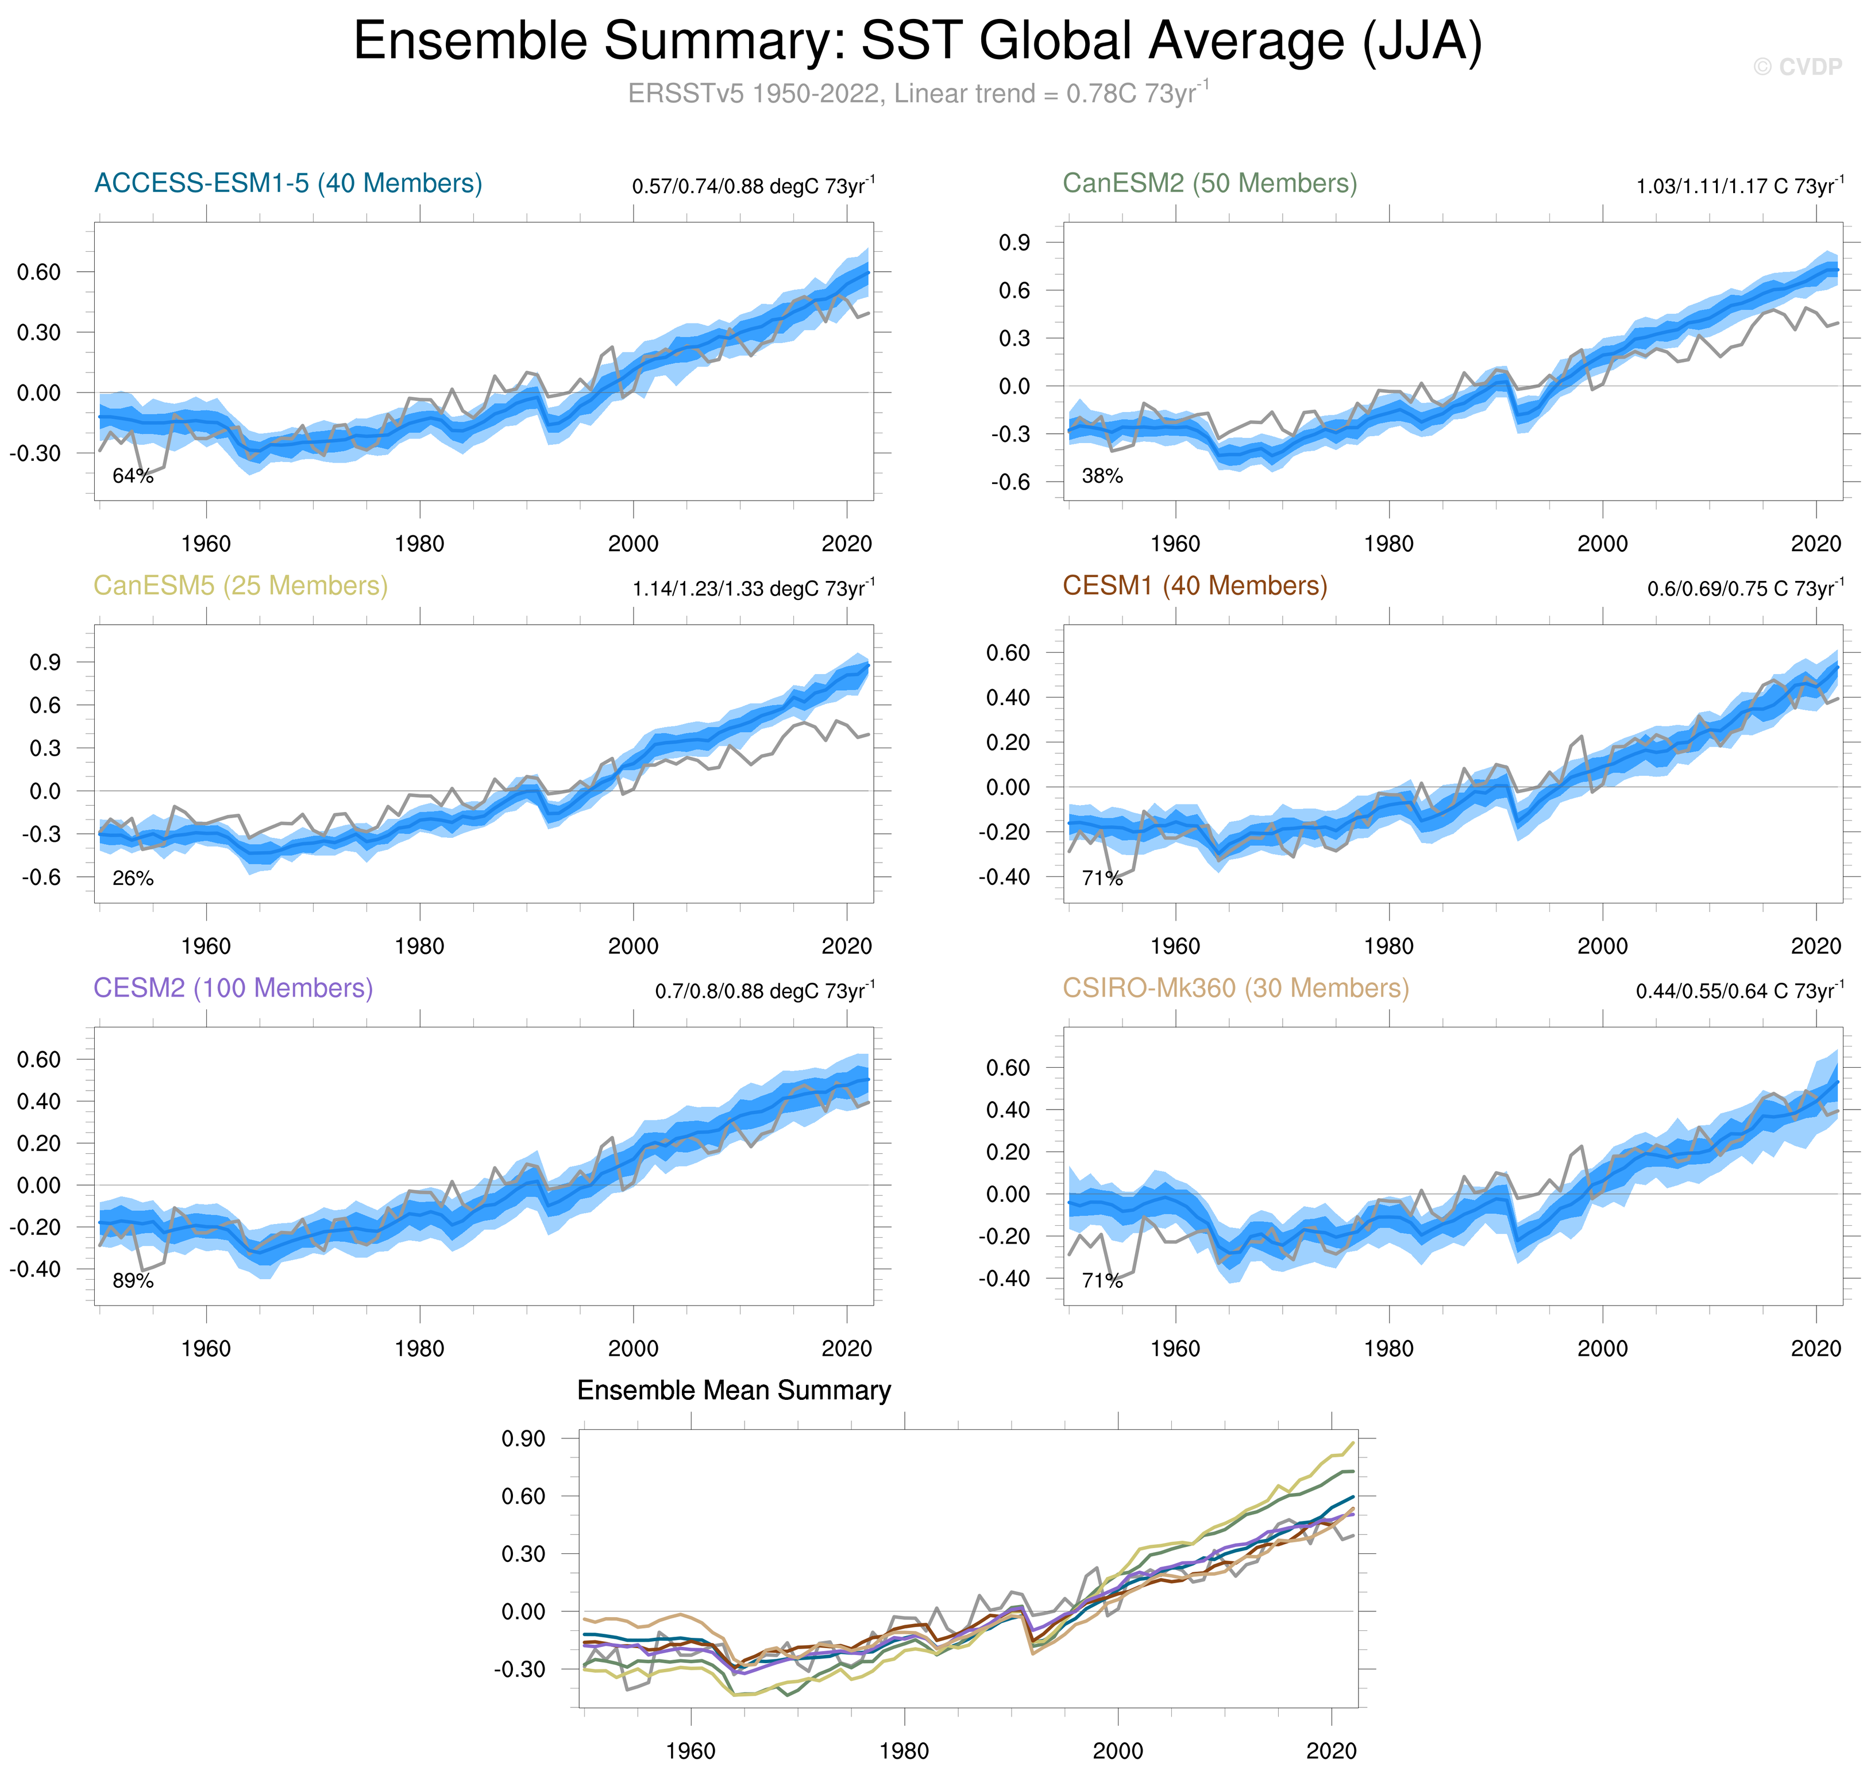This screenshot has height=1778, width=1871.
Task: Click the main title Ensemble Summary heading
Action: [x=917, y=42]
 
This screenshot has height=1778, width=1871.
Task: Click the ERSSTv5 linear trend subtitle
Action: [x=917, y=94]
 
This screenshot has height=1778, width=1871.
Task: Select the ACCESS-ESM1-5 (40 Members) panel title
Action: [x=288, y=183]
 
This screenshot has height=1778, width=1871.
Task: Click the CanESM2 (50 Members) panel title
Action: [x=1209, y=183]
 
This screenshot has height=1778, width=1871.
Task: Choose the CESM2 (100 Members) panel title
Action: [x=233, y=988]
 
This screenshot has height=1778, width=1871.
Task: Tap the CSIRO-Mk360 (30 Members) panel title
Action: [x=1235, y=988]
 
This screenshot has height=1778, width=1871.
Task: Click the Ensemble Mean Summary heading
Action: [x=733, y=1390]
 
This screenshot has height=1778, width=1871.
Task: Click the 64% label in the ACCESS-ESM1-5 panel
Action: [x=133, y=476]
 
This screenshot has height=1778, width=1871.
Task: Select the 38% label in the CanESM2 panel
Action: [x=1102, y=476]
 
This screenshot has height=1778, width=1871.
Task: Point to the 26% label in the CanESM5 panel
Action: [x=133, y=879]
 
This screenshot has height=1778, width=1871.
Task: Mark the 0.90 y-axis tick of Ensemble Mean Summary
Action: [x=523, y=1439]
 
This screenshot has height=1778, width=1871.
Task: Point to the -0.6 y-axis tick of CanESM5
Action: [x=42, y=878]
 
